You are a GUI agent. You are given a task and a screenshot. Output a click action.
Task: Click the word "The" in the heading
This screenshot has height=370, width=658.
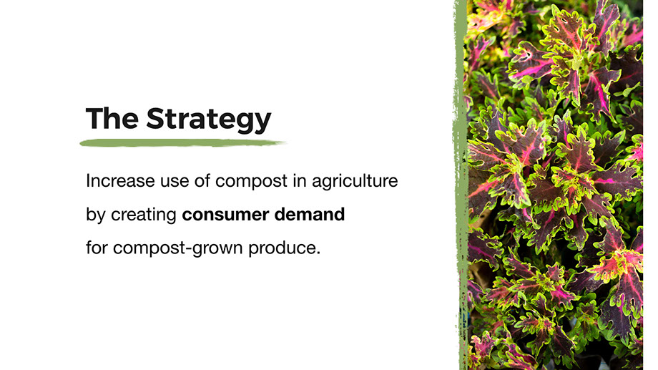click(112, 118)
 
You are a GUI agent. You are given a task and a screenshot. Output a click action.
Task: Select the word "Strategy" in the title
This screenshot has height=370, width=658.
click(209, 120)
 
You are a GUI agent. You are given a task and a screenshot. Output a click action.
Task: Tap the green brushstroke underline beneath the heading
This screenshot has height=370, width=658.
click(182, 143)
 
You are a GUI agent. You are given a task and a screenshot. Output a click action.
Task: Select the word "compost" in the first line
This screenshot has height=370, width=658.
click(252, 182)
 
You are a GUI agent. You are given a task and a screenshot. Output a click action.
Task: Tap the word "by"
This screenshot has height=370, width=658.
click(96, 215)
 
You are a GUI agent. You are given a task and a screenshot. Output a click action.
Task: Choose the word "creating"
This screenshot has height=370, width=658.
click(144, 215)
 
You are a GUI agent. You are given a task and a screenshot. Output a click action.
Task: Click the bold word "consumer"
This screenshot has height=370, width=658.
click(225, 215)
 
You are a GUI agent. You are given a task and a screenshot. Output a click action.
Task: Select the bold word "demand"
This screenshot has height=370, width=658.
click(310, 214)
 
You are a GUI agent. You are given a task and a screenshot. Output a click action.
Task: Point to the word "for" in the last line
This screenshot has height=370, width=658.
click(97, 248)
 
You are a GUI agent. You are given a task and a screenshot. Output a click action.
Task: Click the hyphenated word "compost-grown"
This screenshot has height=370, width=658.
click(178, 249)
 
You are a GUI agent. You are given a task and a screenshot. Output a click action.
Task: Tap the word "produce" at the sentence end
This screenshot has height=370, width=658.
click(282, 249)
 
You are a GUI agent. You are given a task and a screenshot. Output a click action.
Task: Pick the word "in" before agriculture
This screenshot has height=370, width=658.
click(300, 181)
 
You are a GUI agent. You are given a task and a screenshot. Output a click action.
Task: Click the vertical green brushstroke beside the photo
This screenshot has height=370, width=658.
click(461, 185)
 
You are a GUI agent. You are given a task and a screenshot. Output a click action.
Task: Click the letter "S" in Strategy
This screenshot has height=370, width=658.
click(157, 118)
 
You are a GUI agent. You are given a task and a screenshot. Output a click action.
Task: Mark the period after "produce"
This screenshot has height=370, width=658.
click(318, 253)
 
